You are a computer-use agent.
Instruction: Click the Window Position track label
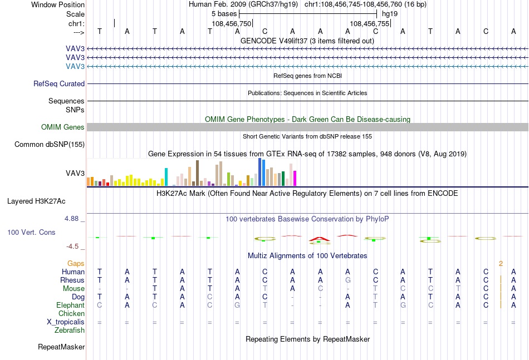pos(58,4)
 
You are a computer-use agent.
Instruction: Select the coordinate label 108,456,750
pos(232,23)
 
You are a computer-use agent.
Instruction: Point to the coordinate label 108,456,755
pos(369,23)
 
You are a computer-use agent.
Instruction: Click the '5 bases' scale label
pos(224,14)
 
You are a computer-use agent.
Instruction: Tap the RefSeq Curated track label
pos(59,83)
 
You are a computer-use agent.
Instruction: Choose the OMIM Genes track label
pos(63,127)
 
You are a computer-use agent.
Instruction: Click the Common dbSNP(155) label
pos(50,145)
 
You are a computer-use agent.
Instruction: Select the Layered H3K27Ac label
pos(36,201)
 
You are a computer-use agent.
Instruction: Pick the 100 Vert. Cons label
pos(31,232)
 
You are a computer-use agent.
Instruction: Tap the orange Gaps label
pos(76,263)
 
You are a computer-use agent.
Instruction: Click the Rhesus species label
pos(72,280)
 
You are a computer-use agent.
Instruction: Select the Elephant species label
pos(70,305)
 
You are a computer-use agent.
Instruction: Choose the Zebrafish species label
pos(70,331)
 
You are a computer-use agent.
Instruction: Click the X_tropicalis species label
pos(66,322)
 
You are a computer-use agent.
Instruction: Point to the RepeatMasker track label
pos(61,347)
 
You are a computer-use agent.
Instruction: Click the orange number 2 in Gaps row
pos(501,264)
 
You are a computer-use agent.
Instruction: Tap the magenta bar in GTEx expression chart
pos(295,178)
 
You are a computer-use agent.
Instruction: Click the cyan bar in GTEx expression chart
pos(166,177)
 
